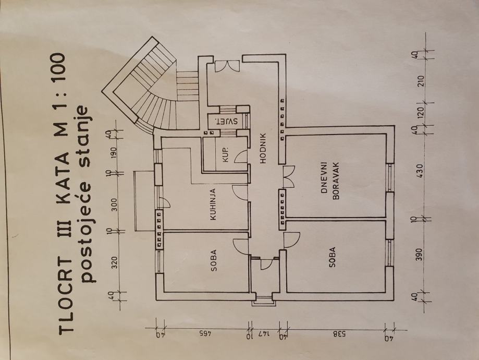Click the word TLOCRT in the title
(65, 294)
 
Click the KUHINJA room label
(213, 204)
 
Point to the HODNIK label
(263, 149)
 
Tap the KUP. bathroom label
(226, 155)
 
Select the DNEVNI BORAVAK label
(330, 181)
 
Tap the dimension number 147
(264, 334)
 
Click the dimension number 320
(115, 262)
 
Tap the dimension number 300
(115, 205)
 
